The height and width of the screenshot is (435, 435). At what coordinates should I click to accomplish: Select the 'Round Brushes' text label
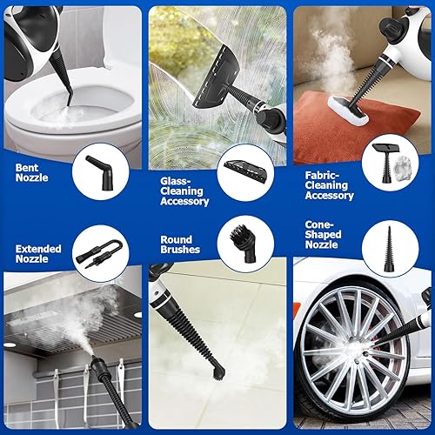pos(180,244)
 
